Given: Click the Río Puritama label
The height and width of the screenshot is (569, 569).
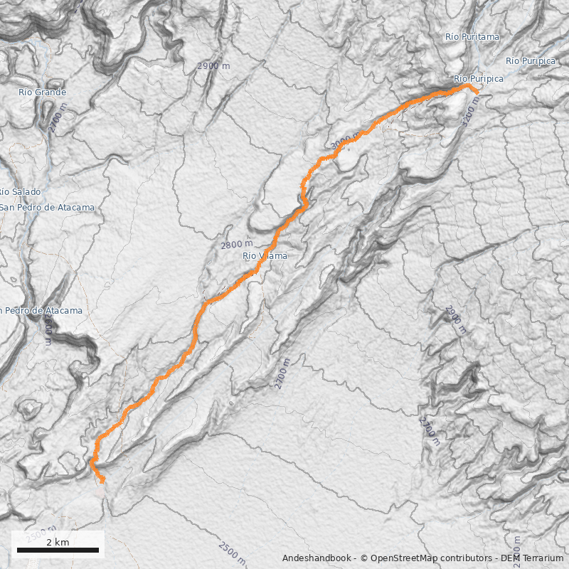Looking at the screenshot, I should (472, 36).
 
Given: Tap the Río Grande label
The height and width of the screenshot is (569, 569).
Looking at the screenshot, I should (43, 92).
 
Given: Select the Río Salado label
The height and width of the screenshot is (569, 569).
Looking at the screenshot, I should (21, 192).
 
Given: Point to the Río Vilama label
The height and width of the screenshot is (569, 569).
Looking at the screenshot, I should (265, 256).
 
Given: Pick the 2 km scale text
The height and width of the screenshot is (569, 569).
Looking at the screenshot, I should (58, 543).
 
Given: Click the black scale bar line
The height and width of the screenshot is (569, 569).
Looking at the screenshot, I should (58, 551).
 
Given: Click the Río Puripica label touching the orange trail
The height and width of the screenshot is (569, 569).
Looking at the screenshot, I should (478, 78).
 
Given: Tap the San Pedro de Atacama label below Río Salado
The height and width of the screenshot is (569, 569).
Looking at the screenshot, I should (47, 208).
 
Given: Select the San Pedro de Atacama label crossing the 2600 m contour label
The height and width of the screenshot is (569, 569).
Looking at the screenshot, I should (41, 311).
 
